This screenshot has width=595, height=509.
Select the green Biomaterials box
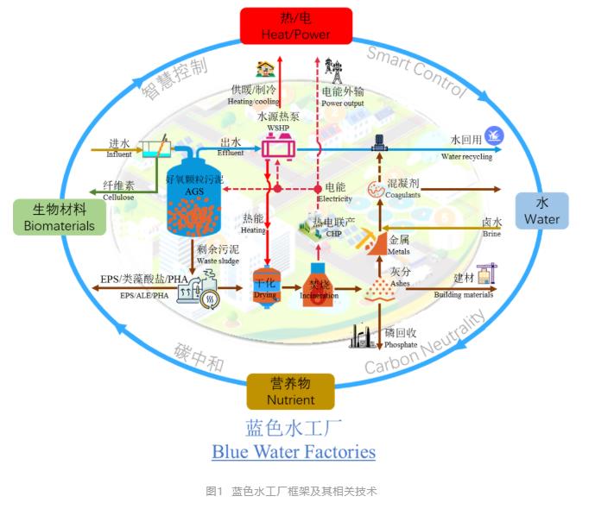(x=59, y=217)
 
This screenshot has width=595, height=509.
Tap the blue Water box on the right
(x=541, y=211)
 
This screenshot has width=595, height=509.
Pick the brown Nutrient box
(x=290, y=391)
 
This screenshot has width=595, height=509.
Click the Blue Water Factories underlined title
(x=294, y=451)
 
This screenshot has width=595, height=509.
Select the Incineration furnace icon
(x=319, y=280)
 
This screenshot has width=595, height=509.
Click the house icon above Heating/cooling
(x=264, y=68)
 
